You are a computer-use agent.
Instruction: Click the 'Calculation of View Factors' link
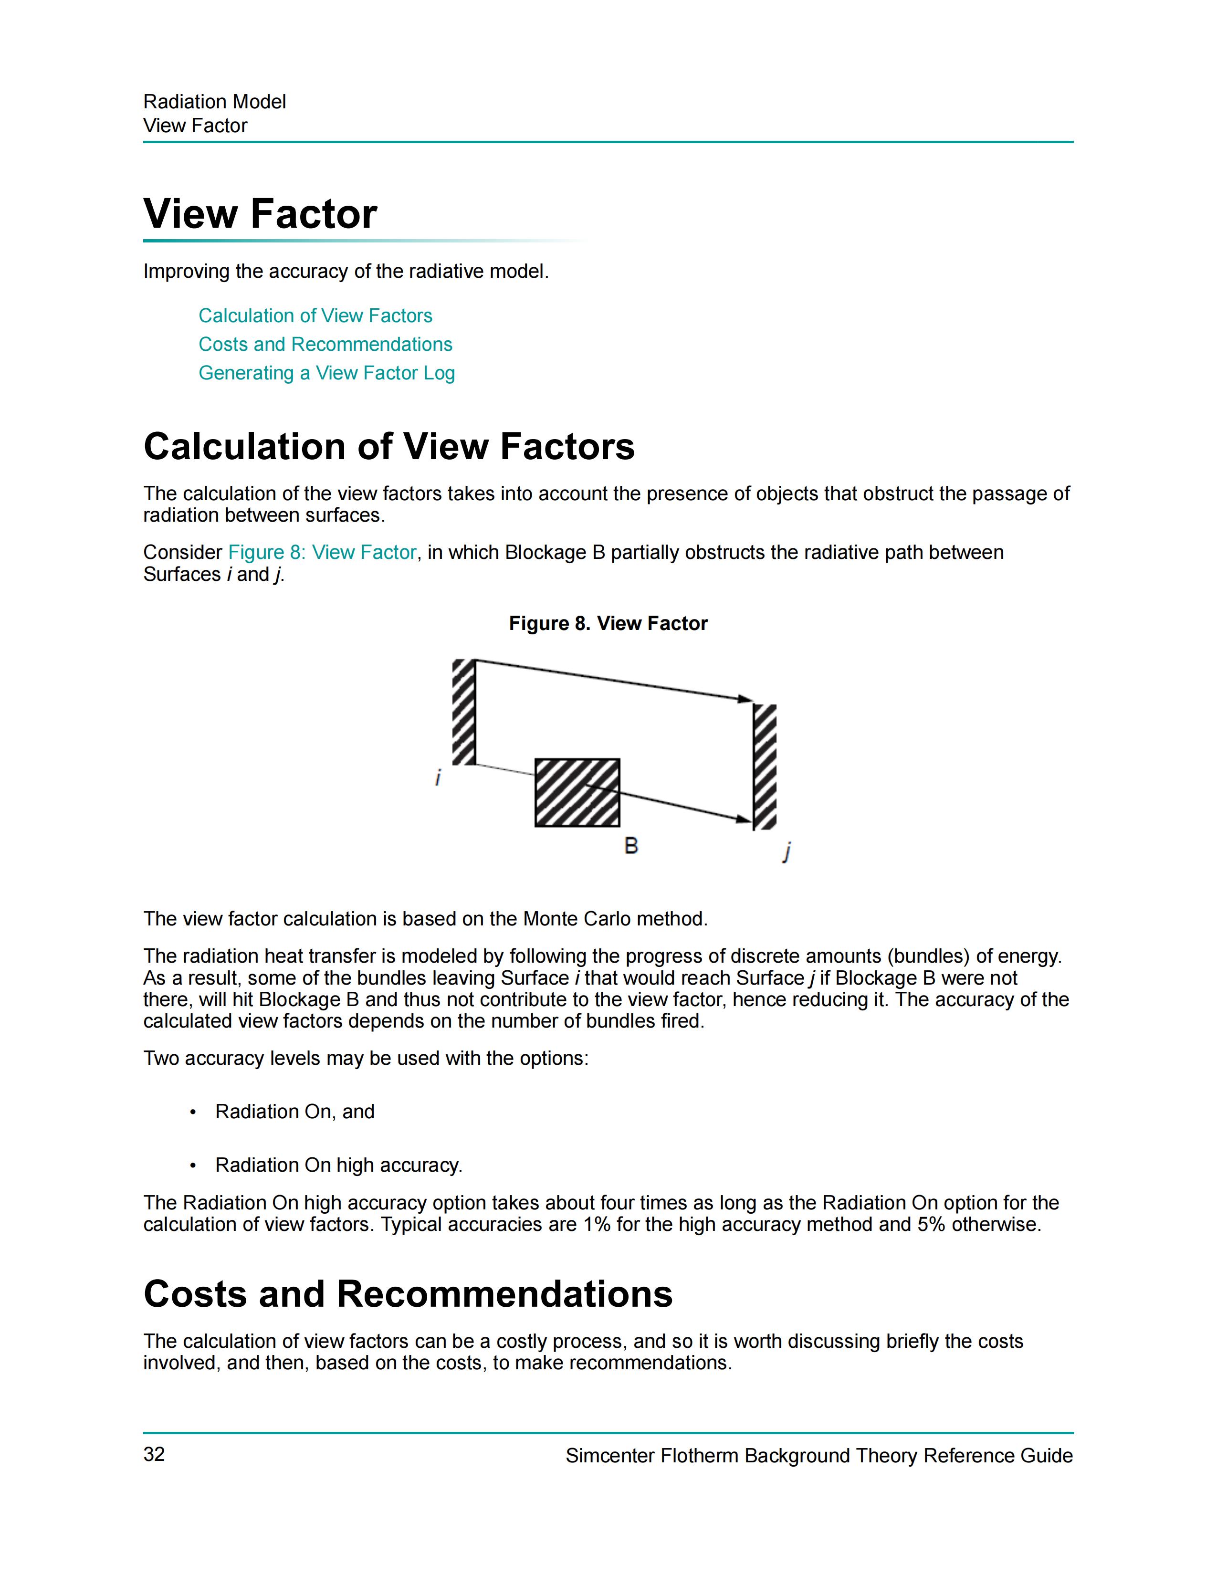[315, 316]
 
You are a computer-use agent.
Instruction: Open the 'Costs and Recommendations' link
[325, 345]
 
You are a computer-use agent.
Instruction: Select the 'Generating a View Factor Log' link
[326, 373]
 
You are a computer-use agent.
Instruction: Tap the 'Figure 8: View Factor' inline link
[322, 552]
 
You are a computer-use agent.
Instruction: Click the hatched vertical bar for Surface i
[463, 712]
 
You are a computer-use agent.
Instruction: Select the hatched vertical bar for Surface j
[764, 766]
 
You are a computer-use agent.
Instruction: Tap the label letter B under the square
[631, 845]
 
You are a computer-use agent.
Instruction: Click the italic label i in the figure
[438, 778]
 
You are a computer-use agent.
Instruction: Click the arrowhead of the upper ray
[745, 698]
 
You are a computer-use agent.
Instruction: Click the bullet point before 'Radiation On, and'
[192, 1112]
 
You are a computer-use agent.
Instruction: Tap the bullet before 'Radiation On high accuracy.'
[192, 1165]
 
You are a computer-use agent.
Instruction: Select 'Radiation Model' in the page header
[214, 102]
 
